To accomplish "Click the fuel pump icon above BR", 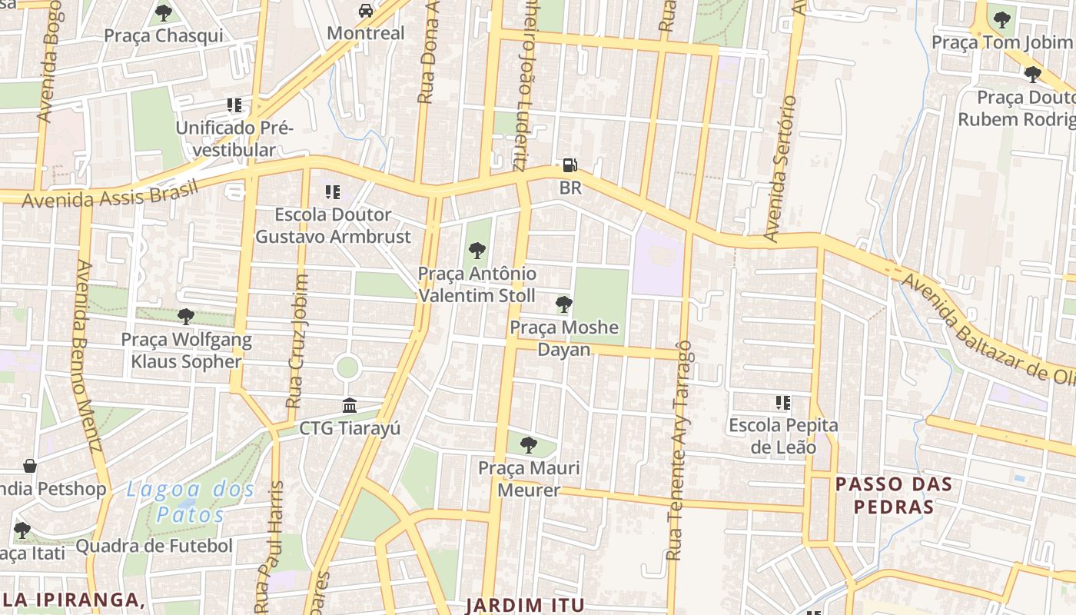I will coord(570,165).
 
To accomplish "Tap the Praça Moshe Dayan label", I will coord(564,338).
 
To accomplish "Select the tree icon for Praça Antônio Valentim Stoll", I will coord(477,250).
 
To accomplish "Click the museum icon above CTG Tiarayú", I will coord(350,405).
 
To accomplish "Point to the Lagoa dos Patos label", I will coord(190,501).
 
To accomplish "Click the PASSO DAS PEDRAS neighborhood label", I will coord(894,495).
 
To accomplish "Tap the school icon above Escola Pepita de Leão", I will coord(783,402).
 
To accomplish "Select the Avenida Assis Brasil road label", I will coord(110,194).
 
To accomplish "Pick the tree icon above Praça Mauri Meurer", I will coord(528,444).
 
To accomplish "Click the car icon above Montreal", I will coord(366,11).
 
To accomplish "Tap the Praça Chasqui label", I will coord(164,35).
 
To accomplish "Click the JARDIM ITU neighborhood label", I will coord(525,605).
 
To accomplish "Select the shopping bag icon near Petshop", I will coord(30,466).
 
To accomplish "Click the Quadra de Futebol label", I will coord(154,547).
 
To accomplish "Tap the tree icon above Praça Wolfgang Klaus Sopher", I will coord(185,316).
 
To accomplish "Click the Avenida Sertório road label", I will coord(782,168).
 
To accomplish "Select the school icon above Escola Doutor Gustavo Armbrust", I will coord(332,191).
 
